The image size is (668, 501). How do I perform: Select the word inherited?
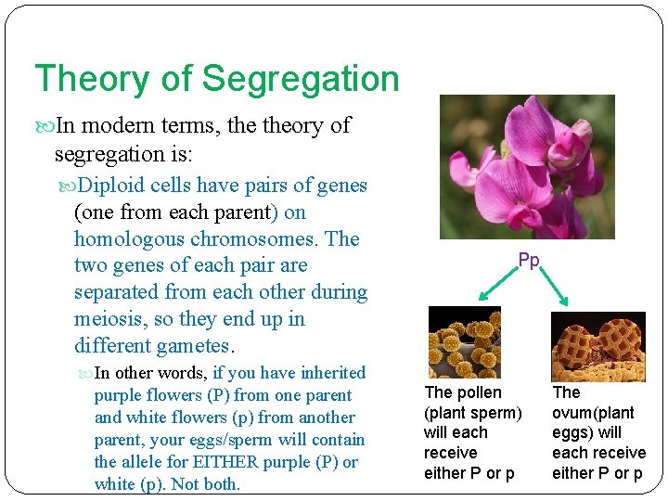click(327, 373)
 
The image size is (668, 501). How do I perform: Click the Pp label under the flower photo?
click(528, 261)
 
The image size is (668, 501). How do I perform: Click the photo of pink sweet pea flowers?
click(526, 167)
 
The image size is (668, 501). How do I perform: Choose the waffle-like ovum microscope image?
click(597, 345)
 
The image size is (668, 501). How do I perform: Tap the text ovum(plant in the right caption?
click(593, 413)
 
